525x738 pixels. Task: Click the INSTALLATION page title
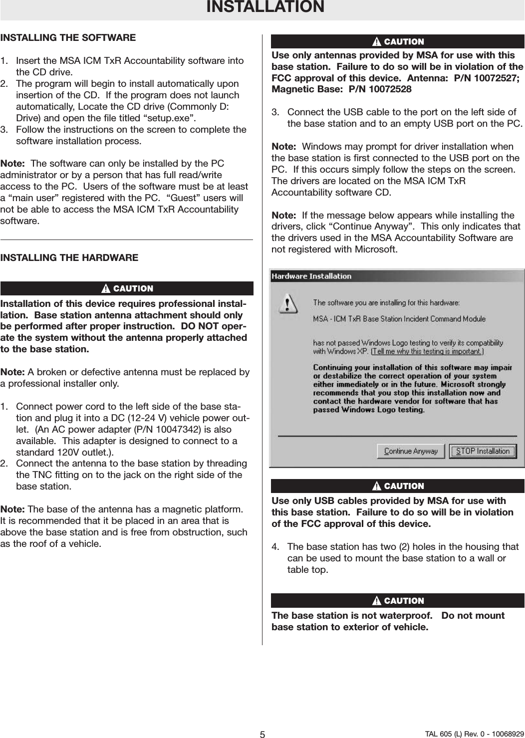(x=265, y=7)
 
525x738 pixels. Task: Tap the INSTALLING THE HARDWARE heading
(x=69, y=257)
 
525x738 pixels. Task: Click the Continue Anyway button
(x=411, y=451)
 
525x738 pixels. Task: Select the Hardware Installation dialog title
(x=311, y=276)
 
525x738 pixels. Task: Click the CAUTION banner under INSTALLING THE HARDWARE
(x=127, y=288)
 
